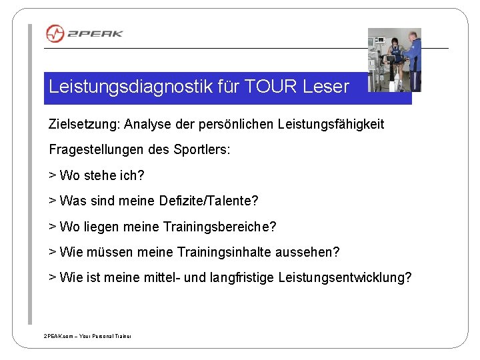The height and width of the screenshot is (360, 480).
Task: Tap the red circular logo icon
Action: point(55,33)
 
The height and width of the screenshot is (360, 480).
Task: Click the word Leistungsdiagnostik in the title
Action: point(128,87)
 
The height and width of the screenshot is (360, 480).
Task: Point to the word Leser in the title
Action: point(325,87)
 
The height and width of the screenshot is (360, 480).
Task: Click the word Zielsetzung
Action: point(79,124)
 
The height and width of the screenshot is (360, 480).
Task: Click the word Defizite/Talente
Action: point(209,201)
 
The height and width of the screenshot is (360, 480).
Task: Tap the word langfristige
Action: point(251,277)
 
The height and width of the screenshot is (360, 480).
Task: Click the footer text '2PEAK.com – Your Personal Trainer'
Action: point(87,337)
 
